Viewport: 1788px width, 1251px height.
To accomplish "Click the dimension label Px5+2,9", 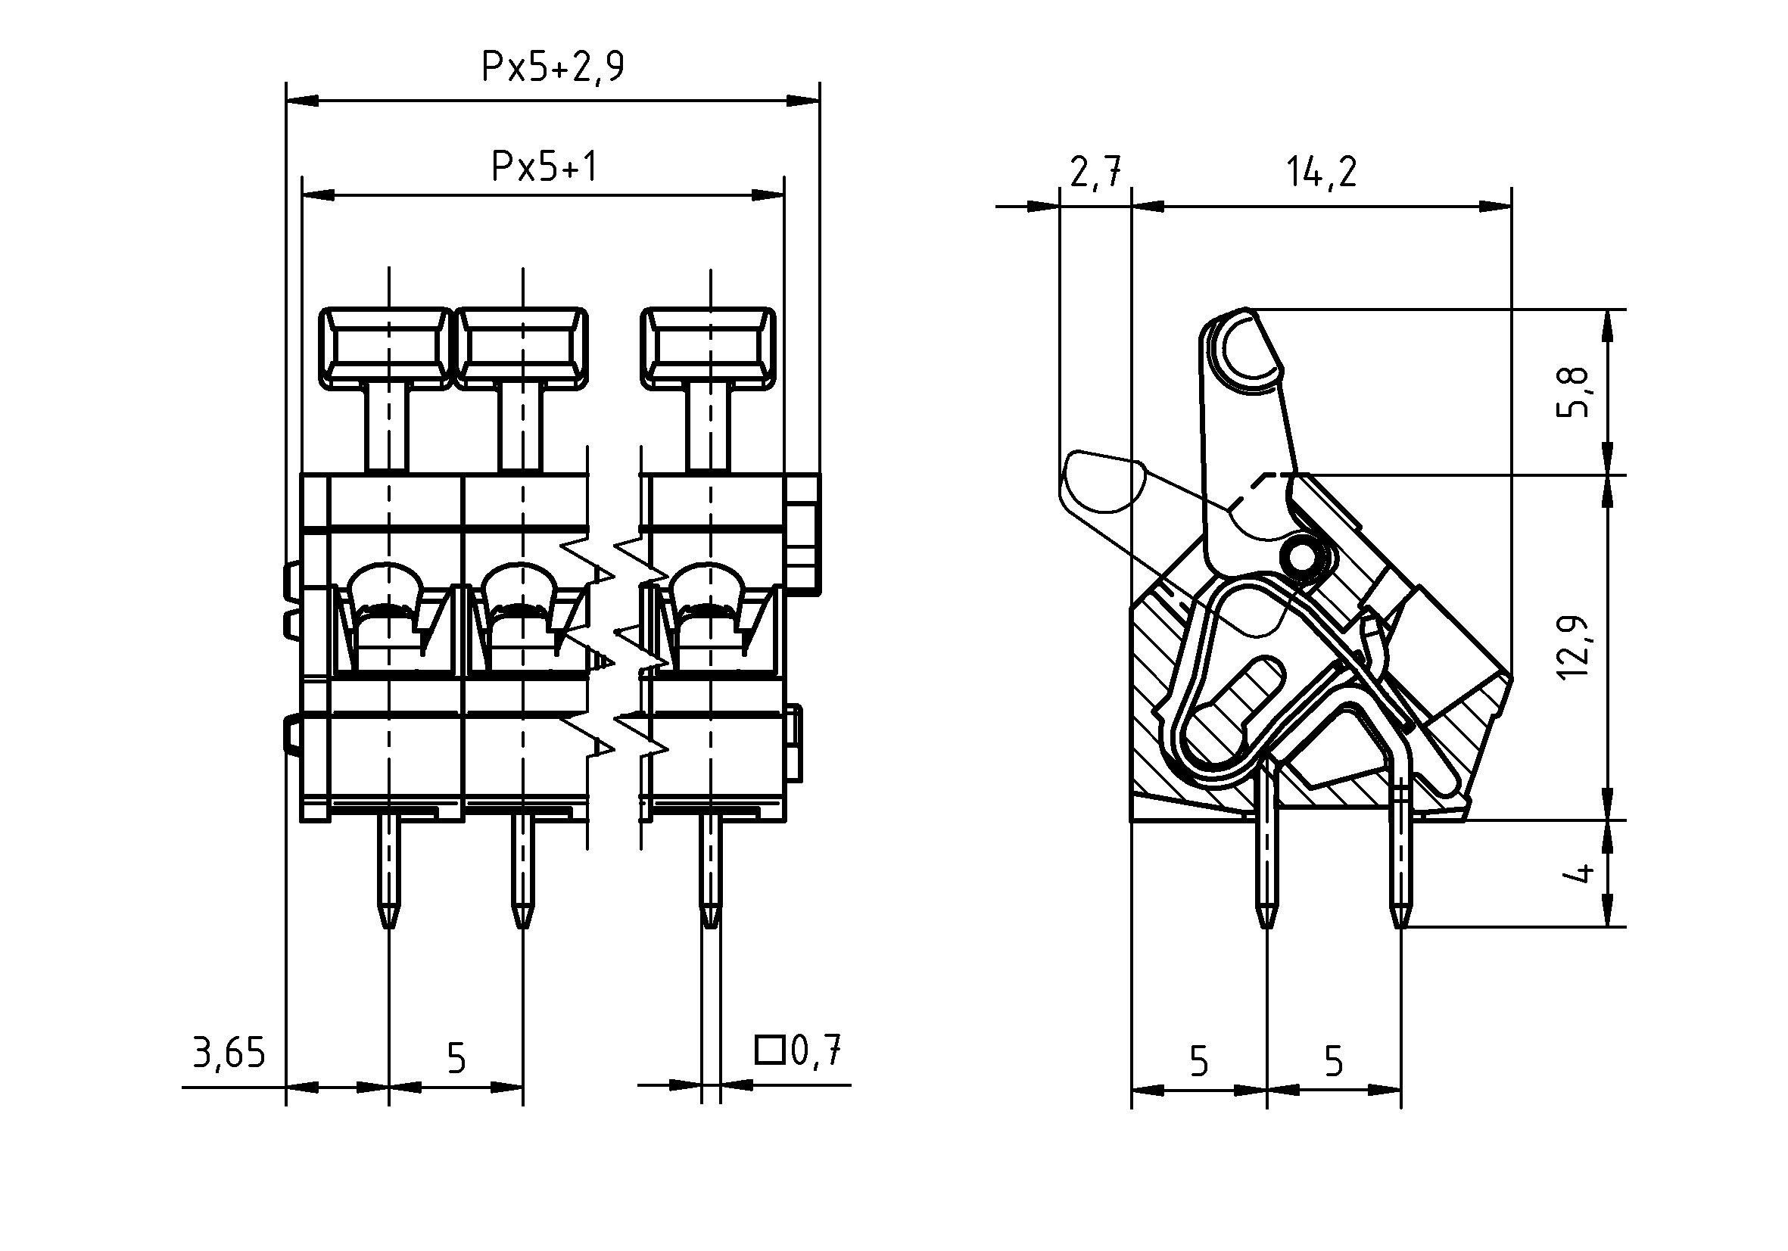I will (x=552, y=67).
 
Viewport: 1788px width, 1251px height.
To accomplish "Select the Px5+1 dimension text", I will (x=544, y=166).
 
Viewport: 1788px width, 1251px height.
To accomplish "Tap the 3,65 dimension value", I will (x=229, y=1053).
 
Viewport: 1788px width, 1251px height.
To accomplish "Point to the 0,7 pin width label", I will (x=816, y=1051).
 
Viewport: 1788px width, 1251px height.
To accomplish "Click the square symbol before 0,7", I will (x=769, y=1050).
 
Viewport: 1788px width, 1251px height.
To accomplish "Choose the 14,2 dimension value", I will (x=1321, y=172).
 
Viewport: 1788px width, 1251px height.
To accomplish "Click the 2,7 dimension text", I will (x=1095, y=172).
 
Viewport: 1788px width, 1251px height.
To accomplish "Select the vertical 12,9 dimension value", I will (x=1572, y=646).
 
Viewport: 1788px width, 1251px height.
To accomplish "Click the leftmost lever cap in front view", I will (x=385, y=347).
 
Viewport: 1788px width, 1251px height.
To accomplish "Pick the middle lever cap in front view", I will (x=521, y=347).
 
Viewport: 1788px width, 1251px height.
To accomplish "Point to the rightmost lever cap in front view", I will (x=708, y=347).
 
